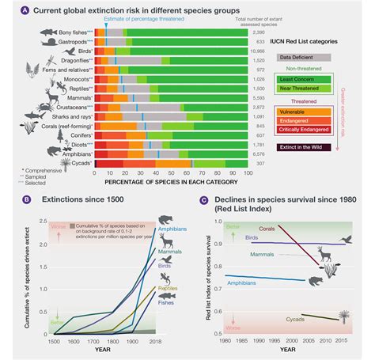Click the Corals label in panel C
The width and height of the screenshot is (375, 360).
[267, 229]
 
